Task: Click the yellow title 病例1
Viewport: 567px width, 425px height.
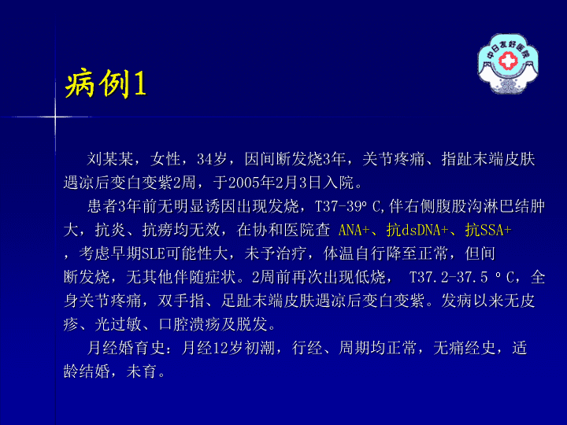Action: click(x=106, y=83)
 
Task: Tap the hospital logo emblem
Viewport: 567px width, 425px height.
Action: click(x=508, y=64)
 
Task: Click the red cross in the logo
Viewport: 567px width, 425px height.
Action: click(x=508, y=60)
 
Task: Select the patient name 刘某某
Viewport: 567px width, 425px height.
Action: click(x=110, y=159)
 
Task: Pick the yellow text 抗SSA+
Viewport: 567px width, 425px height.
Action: click(x=488, y=230)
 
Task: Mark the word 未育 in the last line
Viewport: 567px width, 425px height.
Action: click(x=142, y=371)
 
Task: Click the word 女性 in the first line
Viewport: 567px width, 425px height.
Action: click(x=165, y=159)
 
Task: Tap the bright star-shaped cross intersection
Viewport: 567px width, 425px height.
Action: click(x=55, y=116)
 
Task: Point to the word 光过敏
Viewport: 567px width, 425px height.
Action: click(x=118, y=324)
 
